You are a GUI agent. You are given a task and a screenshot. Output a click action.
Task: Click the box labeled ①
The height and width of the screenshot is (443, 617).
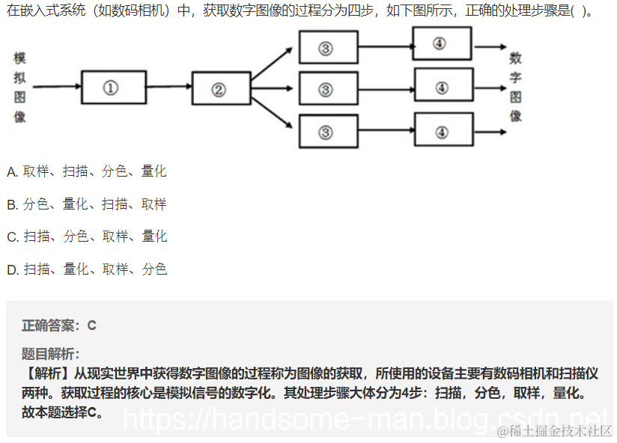point(113,88)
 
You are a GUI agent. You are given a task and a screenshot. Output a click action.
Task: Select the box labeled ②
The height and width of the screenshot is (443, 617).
point(221,89)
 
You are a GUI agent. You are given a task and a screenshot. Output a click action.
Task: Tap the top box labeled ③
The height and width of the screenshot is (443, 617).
point(328,47)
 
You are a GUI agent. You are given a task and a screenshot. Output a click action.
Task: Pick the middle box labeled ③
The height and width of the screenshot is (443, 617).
point(328,88)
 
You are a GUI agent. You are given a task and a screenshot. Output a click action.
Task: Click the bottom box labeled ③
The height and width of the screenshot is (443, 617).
point(328,132)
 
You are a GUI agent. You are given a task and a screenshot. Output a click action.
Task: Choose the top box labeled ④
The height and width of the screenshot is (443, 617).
point(442,43)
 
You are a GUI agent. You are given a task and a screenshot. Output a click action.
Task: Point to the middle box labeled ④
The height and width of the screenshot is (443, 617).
point(443,87)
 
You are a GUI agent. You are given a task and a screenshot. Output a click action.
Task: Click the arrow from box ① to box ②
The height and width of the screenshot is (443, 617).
point(168,87)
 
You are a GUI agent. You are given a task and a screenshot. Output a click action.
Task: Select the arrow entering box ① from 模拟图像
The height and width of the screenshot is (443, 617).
point(56,87)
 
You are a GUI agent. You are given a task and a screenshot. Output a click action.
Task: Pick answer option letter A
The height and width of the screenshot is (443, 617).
point(12,171)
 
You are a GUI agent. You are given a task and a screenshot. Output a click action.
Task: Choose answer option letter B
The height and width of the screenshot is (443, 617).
point(12,204)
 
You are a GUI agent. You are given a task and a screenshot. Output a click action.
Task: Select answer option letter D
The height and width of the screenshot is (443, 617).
point(12,269)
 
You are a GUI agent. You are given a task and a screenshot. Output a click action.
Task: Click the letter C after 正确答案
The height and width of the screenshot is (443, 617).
point(92,326)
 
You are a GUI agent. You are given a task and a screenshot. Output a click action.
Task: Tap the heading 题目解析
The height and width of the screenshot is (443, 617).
point(50,354)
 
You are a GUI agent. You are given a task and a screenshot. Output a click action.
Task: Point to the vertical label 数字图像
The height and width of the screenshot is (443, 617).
point(516,87)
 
